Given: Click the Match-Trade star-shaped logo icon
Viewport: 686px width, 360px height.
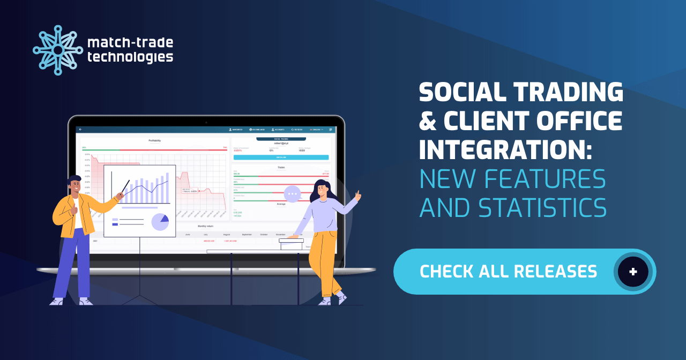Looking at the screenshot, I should [x=58, y=50].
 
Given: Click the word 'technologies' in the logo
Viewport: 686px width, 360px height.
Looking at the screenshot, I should [x=130, y=57].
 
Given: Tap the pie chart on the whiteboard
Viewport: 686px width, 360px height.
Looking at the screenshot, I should [x=160, y=221].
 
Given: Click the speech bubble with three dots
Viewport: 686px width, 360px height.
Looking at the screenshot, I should [x=292, y=193].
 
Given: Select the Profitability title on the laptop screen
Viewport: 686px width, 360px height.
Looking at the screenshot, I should [x=154, y=141].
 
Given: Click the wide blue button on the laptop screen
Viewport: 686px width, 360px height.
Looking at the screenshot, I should [x=281, y=157].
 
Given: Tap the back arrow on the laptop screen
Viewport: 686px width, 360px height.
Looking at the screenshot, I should [x=80, y=130].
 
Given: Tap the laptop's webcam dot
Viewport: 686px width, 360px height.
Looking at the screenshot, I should [x=206, y=122].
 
